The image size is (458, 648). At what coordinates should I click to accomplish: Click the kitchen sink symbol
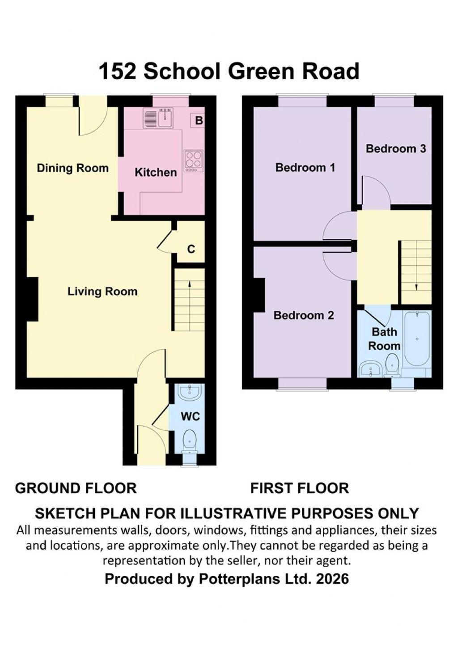click(x=157, y=119)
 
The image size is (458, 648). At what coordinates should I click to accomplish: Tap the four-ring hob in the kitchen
click(x=193, y=161)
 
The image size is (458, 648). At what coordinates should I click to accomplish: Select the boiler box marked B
click(x=199, y=121)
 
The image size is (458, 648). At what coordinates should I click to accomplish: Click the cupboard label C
click(x=191, y=249)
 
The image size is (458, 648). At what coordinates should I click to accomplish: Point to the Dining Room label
click(x=72, y=168)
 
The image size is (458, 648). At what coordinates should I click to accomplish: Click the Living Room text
click(x=102, y=292)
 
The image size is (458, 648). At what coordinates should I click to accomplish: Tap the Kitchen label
click(x=156, y=172)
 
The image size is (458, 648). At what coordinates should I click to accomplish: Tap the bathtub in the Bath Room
click(x=417, y=339)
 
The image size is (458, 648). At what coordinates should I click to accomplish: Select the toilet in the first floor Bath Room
click(x=392, y=363)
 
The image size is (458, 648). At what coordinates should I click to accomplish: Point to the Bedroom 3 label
click(x=396, y=148)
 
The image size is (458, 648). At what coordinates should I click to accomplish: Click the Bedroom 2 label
click(x=304, y=315)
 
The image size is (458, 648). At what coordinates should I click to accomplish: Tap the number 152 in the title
click(x=117, y=72)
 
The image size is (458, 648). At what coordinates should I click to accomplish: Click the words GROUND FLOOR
click(x=76, y=488)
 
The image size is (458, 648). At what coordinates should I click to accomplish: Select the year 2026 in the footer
click(x=332, y=579)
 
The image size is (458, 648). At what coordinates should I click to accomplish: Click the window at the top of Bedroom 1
click(x=302, y=102)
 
